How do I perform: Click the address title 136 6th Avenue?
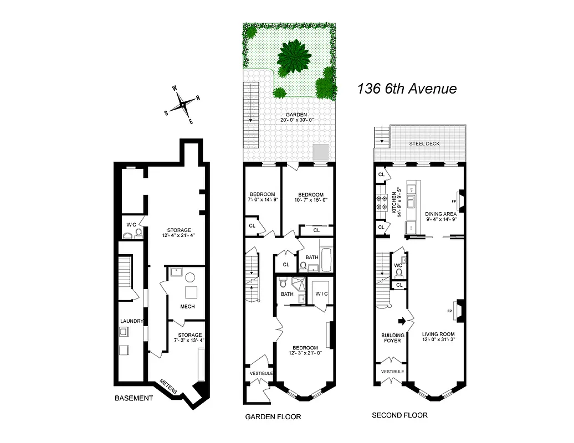[407, 88]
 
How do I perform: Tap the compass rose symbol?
[182, 104]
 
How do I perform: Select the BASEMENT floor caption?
[133, 398]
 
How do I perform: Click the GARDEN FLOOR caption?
[273, 416]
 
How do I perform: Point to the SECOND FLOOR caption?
[399, 415]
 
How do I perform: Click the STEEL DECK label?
[425, 143]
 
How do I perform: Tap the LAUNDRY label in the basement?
[132, 321]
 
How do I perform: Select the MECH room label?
[187, 306]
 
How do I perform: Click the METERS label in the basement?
[168, 387]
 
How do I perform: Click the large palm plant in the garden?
[292, 56]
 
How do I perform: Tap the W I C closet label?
[321, 293]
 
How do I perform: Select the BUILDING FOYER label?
[392, 338]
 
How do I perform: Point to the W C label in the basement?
[131, 225]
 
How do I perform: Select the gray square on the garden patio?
[320, 151]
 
